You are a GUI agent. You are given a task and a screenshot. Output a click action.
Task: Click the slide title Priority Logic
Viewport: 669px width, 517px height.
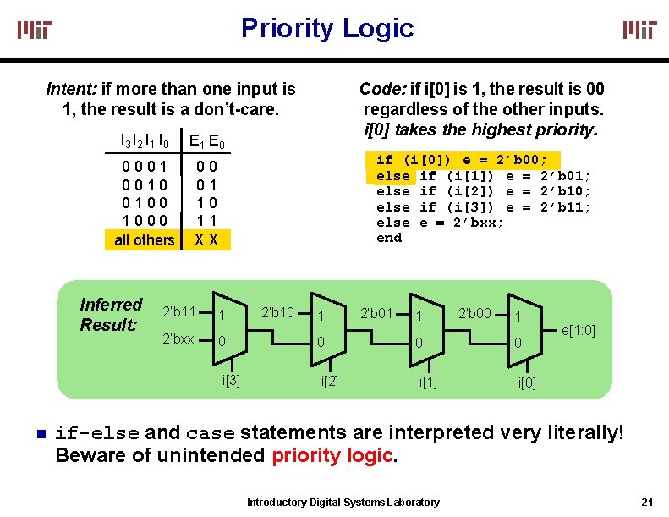tap(327, 28)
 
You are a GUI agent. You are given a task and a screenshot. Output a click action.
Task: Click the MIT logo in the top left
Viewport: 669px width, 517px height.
tap(36, 30)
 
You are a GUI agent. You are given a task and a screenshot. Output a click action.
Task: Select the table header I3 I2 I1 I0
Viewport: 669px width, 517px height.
tap(145, 140)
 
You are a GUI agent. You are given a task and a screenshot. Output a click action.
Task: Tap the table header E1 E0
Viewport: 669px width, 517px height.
tap(206, 140)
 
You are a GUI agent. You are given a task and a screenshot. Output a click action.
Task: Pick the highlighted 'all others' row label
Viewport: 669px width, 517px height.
tap(145, 239)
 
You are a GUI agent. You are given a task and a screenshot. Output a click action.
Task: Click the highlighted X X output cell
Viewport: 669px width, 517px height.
tap(206, 239)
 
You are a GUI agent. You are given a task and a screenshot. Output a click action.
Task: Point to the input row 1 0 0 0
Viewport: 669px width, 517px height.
tap(145, 221)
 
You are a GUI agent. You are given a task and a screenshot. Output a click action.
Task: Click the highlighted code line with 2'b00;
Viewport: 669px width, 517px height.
tap(461, 160)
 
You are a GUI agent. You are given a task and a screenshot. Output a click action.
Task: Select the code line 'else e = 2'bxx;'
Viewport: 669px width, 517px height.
tap(440, 223)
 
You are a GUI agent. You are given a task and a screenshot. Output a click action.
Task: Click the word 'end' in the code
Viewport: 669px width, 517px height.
tap(389, 238)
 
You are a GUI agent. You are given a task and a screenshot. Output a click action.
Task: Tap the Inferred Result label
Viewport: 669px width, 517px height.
tap(111, 314)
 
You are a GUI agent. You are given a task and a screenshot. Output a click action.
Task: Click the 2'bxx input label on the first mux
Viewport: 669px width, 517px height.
tap(178, 339)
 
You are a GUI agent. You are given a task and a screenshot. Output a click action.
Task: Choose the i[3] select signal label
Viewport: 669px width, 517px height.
tap(231, 379)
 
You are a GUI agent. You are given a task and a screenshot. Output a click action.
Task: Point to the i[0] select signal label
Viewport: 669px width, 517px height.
tap(526, 383)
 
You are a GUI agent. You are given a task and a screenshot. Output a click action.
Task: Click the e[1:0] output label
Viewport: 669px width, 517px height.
tap(579, 329)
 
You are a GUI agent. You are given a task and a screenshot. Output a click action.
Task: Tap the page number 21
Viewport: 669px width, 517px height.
tap(648, 502)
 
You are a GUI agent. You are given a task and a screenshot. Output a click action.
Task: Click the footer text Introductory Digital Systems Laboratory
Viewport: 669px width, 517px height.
tap(343, 503)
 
